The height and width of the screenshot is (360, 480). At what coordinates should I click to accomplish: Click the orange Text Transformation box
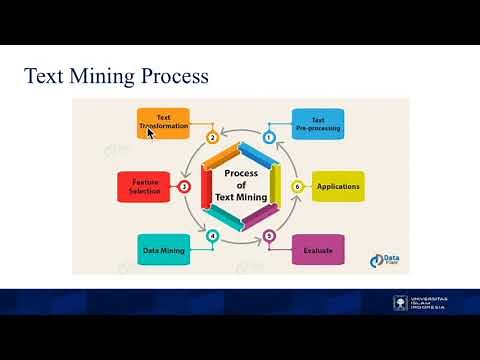[162, 123]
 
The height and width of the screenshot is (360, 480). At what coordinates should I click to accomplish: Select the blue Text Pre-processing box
[318, 123]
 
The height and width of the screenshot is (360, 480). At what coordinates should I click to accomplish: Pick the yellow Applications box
[337, 187]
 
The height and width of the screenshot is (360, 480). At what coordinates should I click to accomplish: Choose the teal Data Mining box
[162, 249]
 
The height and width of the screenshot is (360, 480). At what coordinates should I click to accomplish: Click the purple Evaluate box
[318, 250]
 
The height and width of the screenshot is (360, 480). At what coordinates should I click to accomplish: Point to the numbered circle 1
[269, 137]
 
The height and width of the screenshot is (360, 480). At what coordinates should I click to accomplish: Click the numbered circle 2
[211, 137]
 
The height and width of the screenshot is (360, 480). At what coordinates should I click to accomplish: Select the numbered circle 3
[184, 186]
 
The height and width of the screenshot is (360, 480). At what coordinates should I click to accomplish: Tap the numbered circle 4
[212, 236]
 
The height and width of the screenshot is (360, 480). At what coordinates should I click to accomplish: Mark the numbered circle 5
[269, 236]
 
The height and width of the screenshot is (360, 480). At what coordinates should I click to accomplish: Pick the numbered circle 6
[296, 187]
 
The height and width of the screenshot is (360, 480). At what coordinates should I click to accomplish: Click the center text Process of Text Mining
[240, 185]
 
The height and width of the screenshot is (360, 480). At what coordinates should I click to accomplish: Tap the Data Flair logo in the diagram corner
[391, 260]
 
